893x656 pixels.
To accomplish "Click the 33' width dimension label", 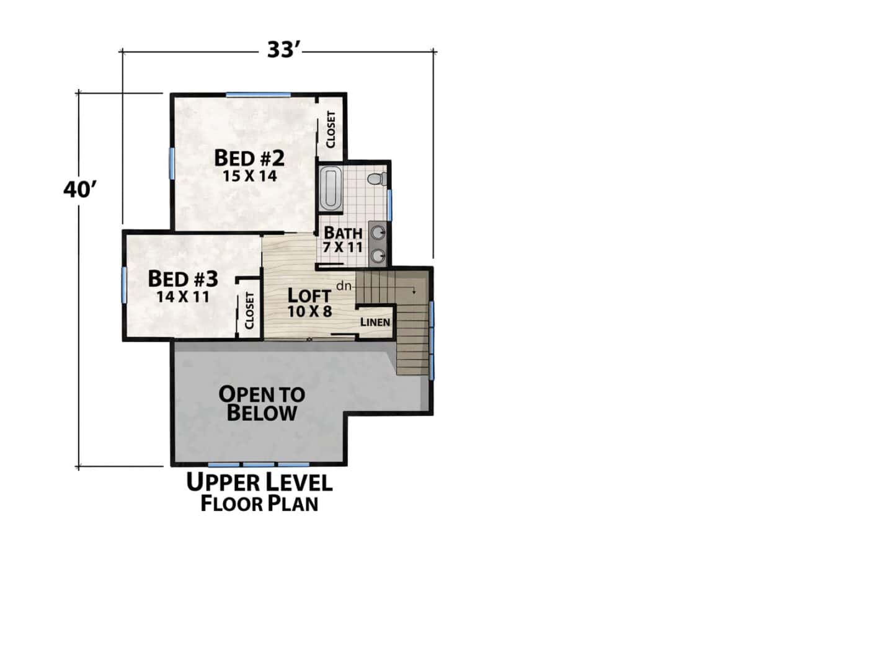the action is [x=283, y=50].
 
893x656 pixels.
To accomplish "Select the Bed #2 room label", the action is [x=249, y=158].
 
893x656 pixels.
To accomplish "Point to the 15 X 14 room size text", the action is [x=249, y=175].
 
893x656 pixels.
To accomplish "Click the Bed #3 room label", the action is [x=183, y=279].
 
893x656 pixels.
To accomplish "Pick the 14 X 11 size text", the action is [x=182, y=296].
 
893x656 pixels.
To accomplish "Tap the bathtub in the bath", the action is [x=331, y=189].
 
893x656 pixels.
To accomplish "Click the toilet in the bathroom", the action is [x=376, y=179].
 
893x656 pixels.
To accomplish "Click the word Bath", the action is [x=343, y=233].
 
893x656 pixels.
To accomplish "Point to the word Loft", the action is [x=309, y=295].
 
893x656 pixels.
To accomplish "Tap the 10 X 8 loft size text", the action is [x=310, y=311].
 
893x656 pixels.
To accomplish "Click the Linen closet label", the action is [x=375, y=322].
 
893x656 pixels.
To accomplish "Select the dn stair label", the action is [x=344, y=286].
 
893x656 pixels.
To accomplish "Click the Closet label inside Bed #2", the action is [x=331, y=130].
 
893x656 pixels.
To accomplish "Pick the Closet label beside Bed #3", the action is [x=249, y=311].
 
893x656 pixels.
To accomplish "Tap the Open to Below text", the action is [x=262, y=403].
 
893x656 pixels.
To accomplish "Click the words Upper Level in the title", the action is [x=259, y=482].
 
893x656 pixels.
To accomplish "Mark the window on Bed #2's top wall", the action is [x=259, y=95].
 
